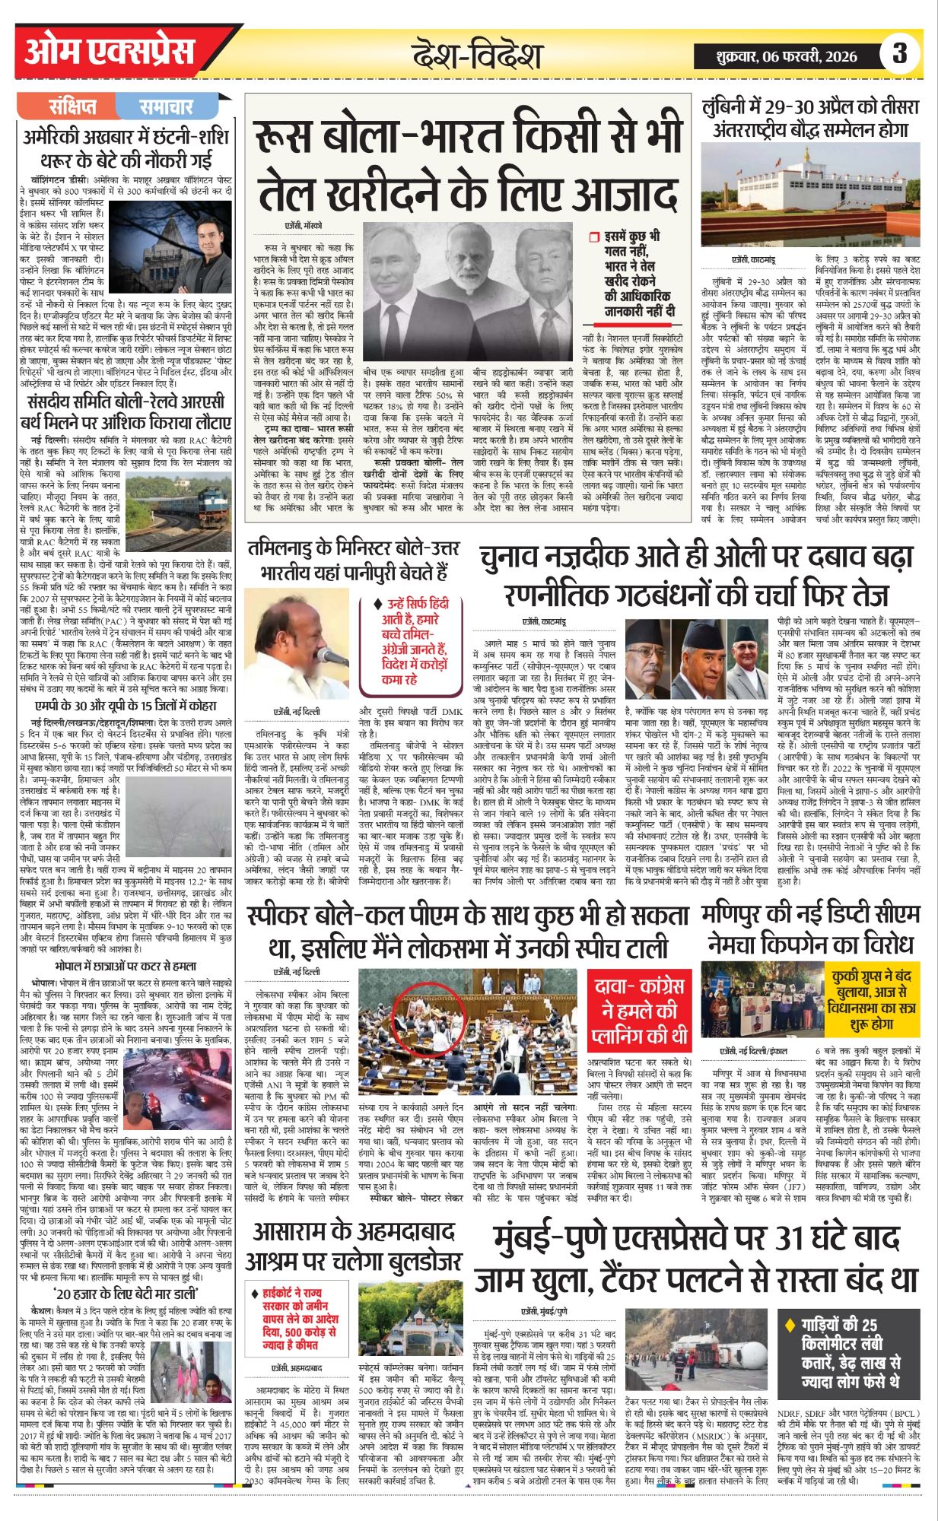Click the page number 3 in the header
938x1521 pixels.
coord(900,53)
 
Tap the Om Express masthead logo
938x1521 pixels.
coord(109,52)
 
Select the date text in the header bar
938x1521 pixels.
coord(787,56)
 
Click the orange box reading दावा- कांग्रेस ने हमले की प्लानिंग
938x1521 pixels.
coord(639,1011)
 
